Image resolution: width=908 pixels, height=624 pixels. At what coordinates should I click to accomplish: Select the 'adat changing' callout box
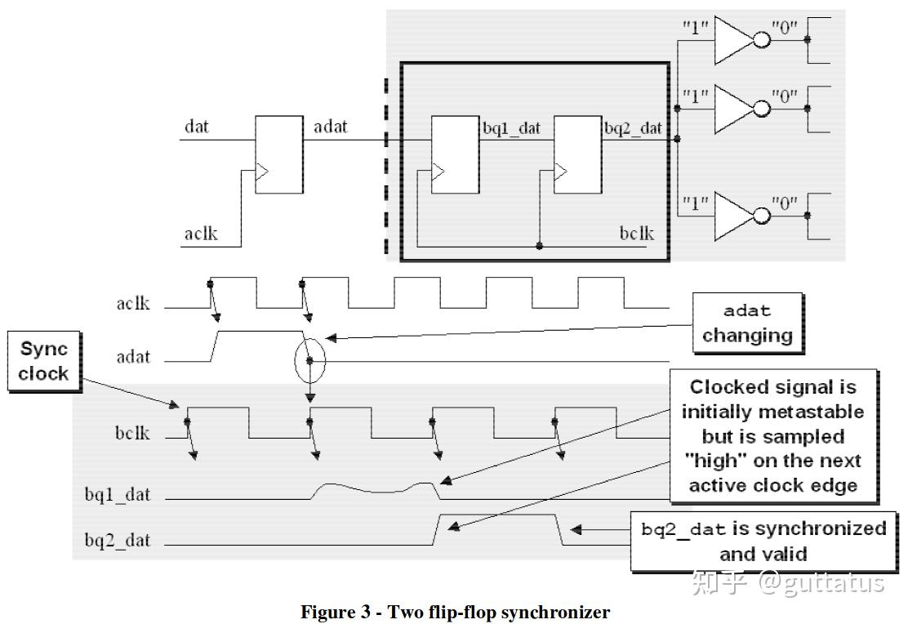pos(747,323)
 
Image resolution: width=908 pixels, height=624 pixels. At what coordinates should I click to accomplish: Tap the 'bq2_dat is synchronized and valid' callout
pos(763,541)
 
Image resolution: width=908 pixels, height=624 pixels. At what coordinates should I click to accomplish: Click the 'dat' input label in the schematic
pos(197,127)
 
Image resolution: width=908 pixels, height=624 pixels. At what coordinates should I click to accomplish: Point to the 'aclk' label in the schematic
pos(200,234)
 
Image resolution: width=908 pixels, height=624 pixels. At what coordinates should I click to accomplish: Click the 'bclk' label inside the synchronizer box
pos(636,234)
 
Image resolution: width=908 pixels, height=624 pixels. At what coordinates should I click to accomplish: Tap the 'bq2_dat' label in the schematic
pos(633,128)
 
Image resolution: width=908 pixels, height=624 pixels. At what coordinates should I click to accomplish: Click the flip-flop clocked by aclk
pos(278,154)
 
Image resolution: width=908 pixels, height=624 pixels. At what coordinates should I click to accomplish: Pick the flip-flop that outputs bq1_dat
pos(456,154)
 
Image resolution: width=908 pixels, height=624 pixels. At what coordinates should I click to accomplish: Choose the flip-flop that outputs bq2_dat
pos(577,154)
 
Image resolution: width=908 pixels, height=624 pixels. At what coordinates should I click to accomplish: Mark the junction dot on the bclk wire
pos(540,244)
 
